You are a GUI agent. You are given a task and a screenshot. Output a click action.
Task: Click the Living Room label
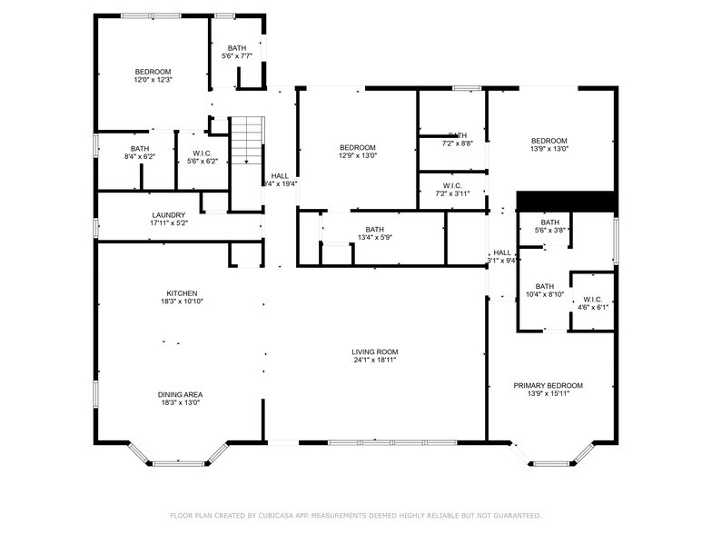click(375, 351)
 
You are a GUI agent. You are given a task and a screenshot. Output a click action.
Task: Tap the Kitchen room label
click(182, 293)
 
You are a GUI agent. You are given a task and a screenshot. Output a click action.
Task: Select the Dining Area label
click(181, 394)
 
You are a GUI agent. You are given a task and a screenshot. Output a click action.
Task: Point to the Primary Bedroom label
click(548, 385)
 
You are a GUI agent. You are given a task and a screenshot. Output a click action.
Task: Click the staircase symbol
click(245, 141)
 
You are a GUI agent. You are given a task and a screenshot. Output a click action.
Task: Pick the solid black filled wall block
click(566, 201)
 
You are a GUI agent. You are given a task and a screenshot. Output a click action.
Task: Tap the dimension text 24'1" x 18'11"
click(375, 361)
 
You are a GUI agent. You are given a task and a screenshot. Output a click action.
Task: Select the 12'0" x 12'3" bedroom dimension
click(153, 80)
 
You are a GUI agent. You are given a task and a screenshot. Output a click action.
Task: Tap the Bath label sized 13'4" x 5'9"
click(375, 230)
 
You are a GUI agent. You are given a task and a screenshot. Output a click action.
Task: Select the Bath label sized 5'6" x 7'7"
click(237, 48)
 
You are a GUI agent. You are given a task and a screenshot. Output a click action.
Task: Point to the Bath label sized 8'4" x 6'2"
click(139, 148)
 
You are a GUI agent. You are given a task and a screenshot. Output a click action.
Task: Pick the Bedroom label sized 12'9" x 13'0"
click(358, 147)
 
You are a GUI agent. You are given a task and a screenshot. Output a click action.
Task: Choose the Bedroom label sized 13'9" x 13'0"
click(549, 140)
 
